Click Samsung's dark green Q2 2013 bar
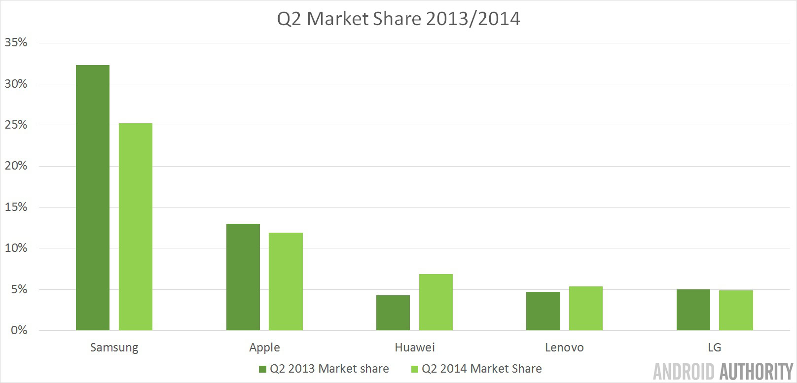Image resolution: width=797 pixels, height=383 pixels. click(x=93, y=197)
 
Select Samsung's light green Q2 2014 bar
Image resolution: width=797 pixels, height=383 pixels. click(x=136, y=227)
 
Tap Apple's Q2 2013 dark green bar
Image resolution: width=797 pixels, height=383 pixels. click(x=243, y=277)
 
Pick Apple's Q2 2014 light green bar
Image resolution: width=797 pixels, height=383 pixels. click(x=286, y=281)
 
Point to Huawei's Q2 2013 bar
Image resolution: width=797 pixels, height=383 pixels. click(x=393, y=313)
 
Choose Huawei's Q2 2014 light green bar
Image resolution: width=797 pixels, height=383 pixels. click(x=436, y=302)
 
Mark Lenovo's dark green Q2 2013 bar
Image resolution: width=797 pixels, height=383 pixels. click(x=543, y=311)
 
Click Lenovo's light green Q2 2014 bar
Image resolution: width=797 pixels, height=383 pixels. click(x=586, y=308)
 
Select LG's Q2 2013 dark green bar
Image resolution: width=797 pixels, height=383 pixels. click(x=693, y=310)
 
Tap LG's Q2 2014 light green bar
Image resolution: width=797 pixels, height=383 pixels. click(x=736, y=310)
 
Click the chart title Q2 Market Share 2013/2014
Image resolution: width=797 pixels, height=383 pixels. click(x=398, y=19)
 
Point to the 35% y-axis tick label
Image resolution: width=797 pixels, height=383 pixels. click(x=16, y=42)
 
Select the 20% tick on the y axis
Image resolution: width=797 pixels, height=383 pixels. click(x=16, y=166)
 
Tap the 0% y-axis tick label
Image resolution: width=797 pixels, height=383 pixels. click(x=19, y=330)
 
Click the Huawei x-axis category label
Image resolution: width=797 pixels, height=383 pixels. click(x=415, y=348)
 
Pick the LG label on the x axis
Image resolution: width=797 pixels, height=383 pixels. click(x=714, y=348)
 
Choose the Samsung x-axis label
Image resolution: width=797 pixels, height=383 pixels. click(x=114, y=348)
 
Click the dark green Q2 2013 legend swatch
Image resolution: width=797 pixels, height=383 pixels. click(x=262, y=369)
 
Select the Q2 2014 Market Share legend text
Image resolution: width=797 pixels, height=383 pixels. click(x=481, y=369)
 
